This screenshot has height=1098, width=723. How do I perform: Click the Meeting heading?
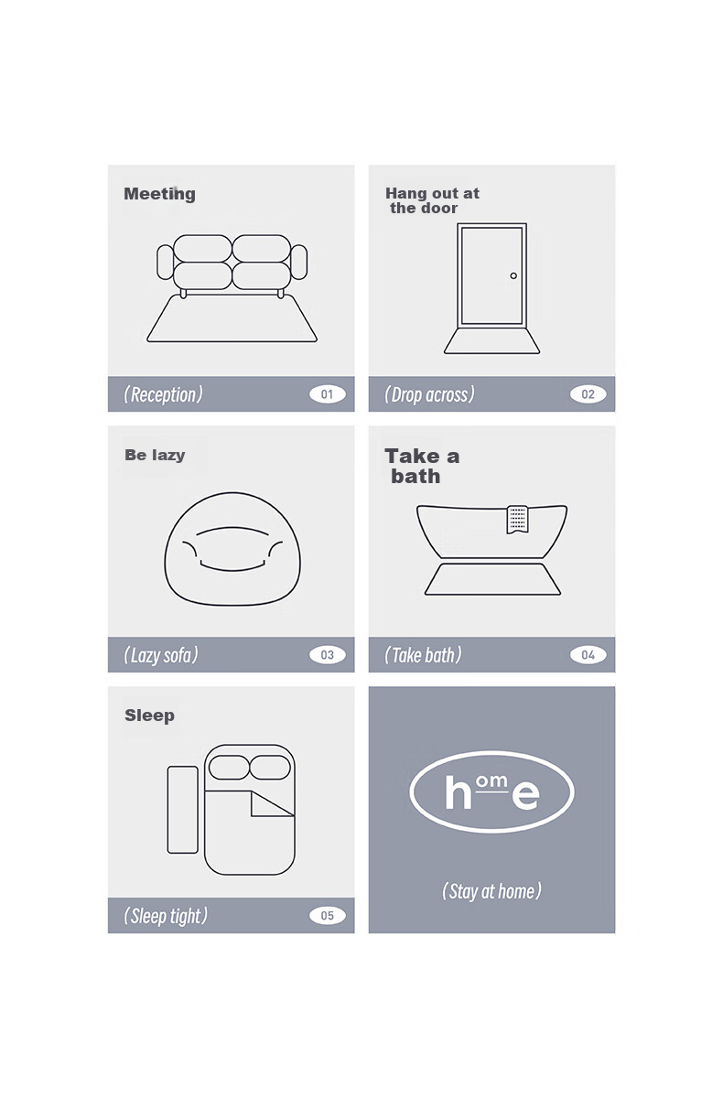click(x=159, y=194)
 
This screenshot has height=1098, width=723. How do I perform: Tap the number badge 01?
click(x=327, y=394)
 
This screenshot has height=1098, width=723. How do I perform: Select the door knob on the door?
click(x=513, y=275)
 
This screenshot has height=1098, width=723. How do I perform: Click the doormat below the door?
click(x=491, y=340)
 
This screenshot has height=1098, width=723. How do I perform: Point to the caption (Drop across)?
click(x=429, y=394)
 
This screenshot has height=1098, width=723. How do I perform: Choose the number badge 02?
click(x=588, y=394)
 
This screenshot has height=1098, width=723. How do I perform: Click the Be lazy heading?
click(x=155, y=455)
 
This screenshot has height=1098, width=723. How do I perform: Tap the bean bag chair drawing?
click(x=232, y=549)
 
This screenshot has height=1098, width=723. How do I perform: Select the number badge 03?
click(x=327, y=655)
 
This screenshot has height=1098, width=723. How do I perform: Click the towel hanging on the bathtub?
click(x=517, y=519)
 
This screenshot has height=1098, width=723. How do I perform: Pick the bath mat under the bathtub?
click(x=492, y=579)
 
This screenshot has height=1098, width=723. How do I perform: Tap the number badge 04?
click(x=588, y=655)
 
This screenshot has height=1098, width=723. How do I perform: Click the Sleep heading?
click(x=149, y=716)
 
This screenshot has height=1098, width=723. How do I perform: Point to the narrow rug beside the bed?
click(x=183, y=810)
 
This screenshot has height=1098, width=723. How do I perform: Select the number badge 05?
click(x=327, y=916)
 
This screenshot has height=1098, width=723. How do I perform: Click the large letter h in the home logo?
click(x=458, y=792)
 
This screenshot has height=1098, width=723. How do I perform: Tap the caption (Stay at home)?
click(x=491, y=891)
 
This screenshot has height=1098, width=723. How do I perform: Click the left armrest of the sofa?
click(x=165, y=263)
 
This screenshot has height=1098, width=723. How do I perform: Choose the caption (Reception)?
click(x=163, y=394)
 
